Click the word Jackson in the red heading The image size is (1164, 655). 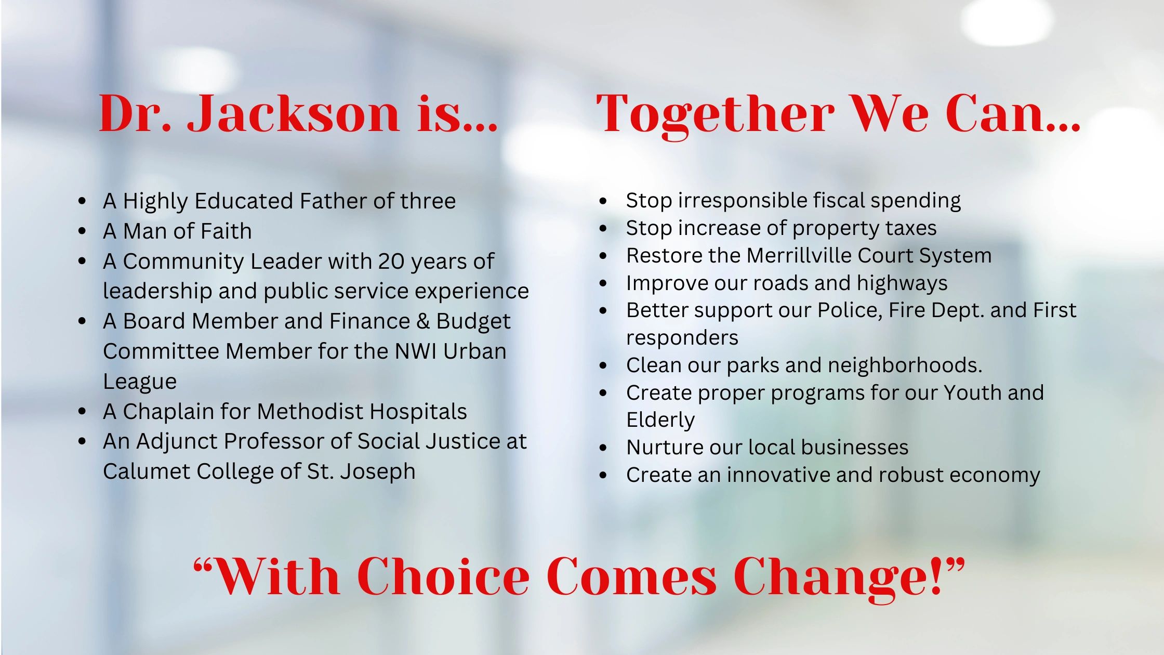pos(294,113)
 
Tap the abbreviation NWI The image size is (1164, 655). pos(416,351)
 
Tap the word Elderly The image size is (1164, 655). pos(660,420)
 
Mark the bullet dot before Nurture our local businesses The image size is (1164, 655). pos(603,448)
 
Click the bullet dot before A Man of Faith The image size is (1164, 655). pos(82,231)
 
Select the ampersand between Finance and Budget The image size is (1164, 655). pos(423,321)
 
